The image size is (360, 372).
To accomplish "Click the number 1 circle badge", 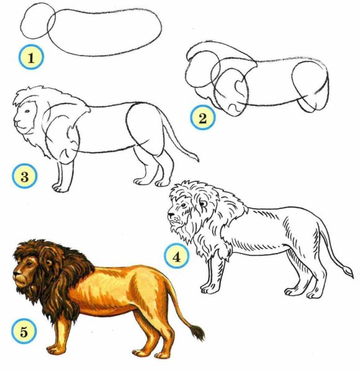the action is pyautogui.click(x=31, y=57).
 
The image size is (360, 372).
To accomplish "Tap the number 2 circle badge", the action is pyautogui.click(x=203, y=118).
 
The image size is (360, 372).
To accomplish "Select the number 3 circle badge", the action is pyautogui.click(x=25, y=176).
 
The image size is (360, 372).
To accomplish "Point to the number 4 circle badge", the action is pyautogui.click(x=176, y=257).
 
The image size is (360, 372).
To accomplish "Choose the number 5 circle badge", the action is pyautogui.click(x=24, y=331).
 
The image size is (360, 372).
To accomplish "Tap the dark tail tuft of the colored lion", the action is pyautogui.click(x=197, y=332).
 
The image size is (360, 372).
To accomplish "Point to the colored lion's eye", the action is pyautogui.click(x=29, y=263).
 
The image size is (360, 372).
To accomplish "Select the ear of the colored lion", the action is pyautogui.click(x=49, y=262).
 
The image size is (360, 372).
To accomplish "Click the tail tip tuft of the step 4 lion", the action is pyautogui.click(x=349, y=272).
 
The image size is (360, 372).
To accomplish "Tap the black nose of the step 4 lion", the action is pyautogui.click(x=171, y=215).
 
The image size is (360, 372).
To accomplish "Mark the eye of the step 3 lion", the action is pyautogui.click(x=27, y=111).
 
